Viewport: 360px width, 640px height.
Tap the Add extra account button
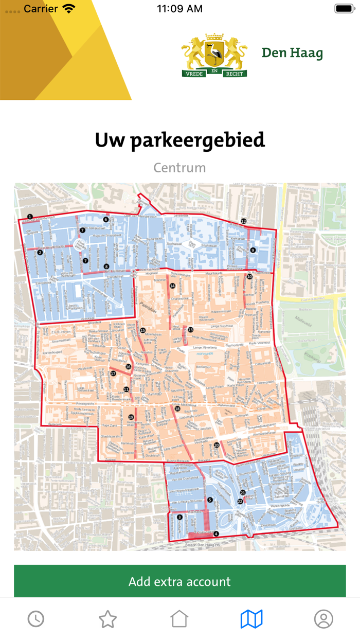point(179,581)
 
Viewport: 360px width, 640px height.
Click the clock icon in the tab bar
point(36,619)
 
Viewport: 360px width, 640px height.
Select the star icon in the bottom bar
point(108,619)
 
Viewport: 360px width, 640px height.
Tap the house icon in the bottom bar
point(179,619)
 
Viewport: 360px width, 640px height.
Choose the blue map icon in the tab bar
point(251,619)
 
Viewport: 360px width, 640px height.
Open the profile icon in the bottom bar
point(323,619)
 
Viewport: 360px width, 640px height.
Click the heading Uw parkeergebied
point(179,140)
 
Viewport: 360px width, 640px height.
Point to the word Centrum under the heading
point(179,168)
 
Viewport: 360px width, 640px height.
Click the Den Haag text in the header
point(292,53)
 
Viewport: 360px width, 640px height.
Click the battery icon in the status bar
point(344,9)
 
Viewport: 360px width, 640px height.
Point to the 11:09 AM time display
point(179,9)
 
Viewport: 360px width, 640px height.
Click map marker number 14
point(172,286)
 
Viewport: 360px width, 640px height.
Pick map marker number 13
point(190,329)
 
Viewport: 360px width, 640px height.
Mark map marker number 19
point(131,417)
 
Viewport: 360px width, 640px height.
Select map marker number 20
point(217,445)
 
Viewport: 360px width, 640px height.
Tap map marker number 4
point(216,534)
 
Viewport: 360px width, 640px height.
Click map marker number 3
point(179,518)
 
